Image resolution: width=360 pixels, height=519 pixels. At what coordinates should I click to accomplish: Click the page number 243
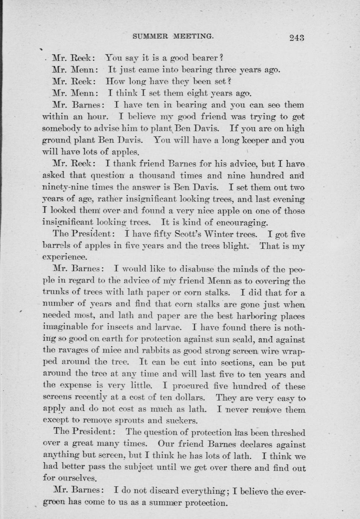pos(297,37)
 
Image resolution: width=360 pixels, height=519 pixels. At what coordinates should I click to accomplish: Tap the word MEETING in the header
pos(193,36)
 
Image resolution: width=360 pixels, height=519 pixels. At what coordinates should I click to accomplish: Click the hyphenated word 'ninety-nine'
pos(65,187)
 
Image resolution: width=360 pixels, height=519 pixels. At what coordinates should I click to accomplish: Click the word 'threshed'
pos(287,433)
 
